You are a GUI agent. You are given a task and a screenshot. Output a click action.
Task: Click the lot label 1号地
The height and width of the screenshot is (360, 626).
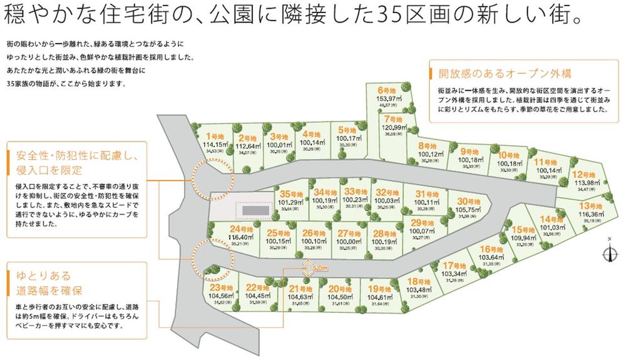pyautogui.click(x=215, y=135)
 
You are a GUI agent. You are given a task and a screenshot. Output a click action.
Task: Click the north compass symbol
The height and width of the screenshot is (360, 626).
pyautogui.click(x=608, y=252)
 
